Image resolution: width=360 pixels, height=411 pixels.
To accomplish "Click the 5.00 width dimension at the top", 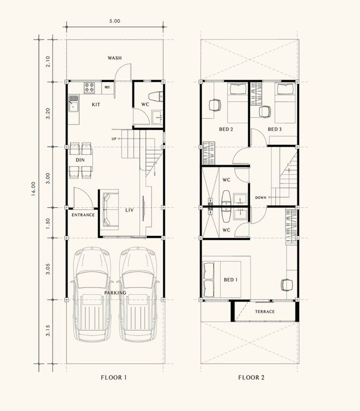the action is pyautogui.click(x=115, y=21).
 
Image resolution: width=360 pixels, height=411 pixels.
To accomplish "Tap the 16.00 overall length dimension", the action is pyautogui.click(x=33, y=189).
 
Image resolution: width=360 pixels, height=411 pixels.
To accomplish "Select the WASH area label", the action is pyautogui.click(x=115, y=58).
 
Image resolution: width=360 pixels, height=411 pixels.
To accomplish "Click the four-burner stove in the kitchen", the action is pyautogui.click(x=89, y=88).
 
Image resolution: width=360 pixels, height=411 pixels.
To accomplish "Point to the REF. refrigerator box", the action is pyautogui.click(x=108, y=87).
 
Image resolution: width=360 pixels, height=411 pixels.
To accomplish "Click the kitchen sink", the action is pyautogui.click(x=73, y=103).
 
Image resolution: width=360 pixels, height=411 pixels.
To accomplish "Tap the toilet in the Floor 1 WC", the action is pyautogui.click(x=156, y=97).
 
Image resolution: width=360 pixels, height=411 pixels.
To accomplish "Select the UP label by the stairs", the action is pyautogui.click(x=114, y=139).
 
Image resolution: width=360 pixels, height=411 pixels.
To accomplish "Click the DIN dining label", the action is pyautogui.click(x=80, y=160).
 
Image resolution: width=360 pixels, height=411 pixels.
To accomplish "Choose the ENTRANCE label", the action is pyautogui.click(x=83, y=215).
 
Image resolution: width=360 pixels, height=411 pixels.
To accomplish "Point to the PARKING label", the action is pyautogui.click(x=115, y=293).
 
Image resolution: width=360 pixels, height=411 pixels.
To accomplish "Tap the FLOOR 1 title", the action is pyautogui.click(x=114, y=377).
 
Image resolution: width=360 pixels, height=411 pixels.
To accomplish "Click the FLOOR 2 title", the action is pyautogui.click(x=252, y=377).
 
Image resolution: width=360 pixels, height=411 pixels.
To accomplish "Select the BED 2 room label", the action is pyautogui.click(x=226, y=129).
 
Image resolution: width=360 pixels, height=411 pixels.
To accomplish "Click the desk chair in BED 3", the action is pyautogui.click(x=265, y=112).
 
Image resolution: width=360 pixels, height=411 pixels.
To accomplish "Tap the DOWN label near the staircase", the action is pyautogui.click(x=261, y=198).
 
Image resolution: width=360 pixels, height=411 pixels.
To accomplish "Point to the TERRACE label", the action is pyautogui.click(x=265, y=312).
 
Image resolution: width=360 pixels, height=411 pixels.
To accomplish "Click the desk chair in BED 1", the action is pyautogui.click(x=287, y=285).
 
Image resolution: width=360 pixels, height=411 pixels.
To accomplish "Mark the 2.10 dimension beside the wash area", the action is pyautogui.click(x=48, y=61).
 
